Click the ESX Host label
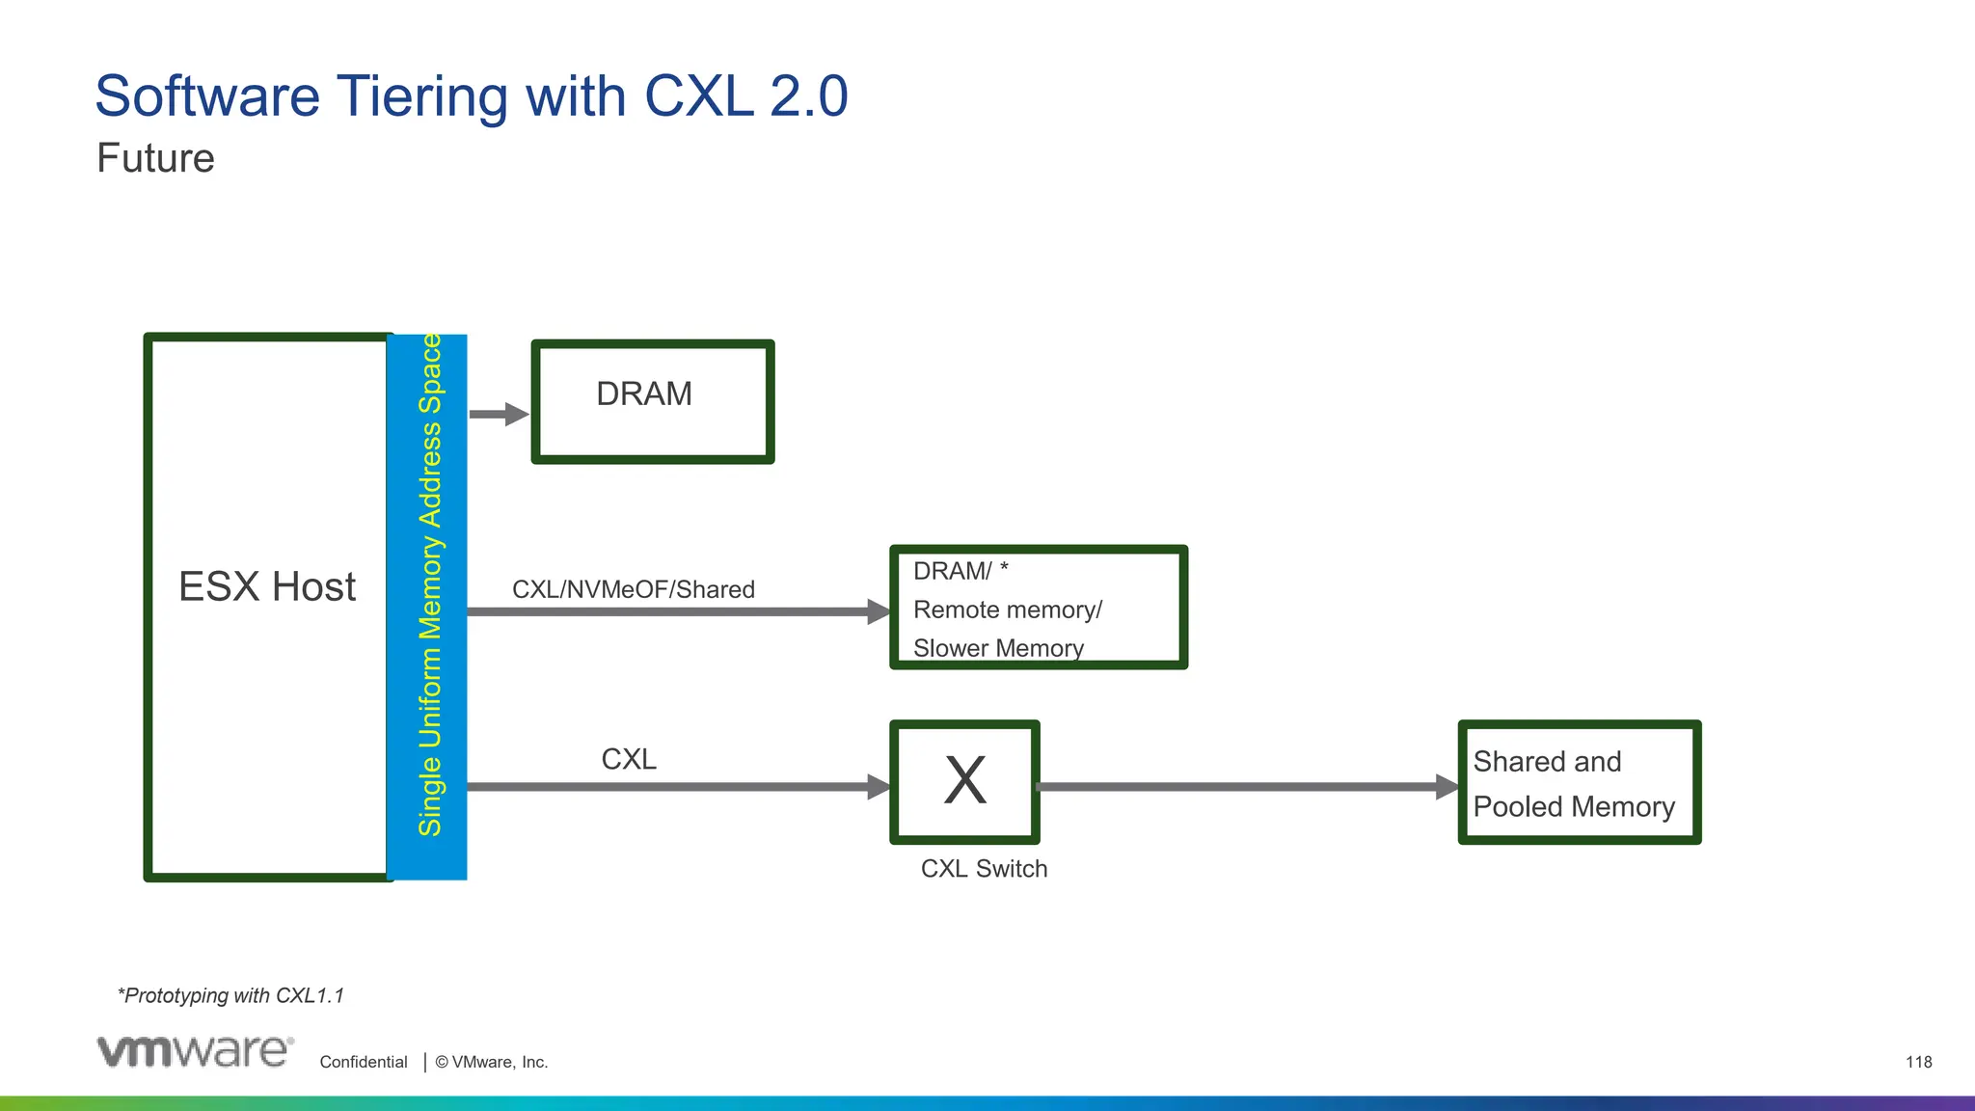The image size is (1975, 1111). (x=267, y=586)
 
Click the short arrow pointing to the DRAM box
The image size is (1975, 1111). (x=498, y=414)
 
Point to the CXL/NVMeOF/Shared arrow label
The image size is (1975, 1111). (x=633, y=589)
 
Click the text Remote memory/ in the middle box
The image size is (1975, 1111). (x=1007, y=610)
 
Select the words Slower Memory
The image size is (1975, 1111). (x=998, y=648)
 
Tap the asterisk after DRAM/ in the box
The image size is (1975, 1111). (x=1004, y=569)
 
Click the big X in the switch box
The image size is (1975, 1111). (x=964, y=780)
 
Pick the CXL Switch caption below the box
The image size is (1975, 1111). (x=984, y=868)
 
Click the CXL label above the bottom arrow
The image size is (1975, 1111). (x=629, y=759)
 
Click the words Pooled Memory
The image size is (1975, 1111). (x=1574, y=806)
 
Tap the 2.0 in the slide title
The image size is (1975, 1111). (x=808, y=96)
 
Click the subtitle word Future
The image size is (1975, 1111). (x=155, y=158)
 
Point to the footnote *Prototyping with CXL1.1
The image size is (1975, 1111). (x=230, y=995)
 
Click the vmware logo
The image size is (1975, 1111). (x=195, y=1051)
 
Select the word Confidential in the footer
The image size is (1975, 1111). (x=364, y=1062)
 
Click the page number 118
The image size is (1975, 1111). (x=1918, y=1062)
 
